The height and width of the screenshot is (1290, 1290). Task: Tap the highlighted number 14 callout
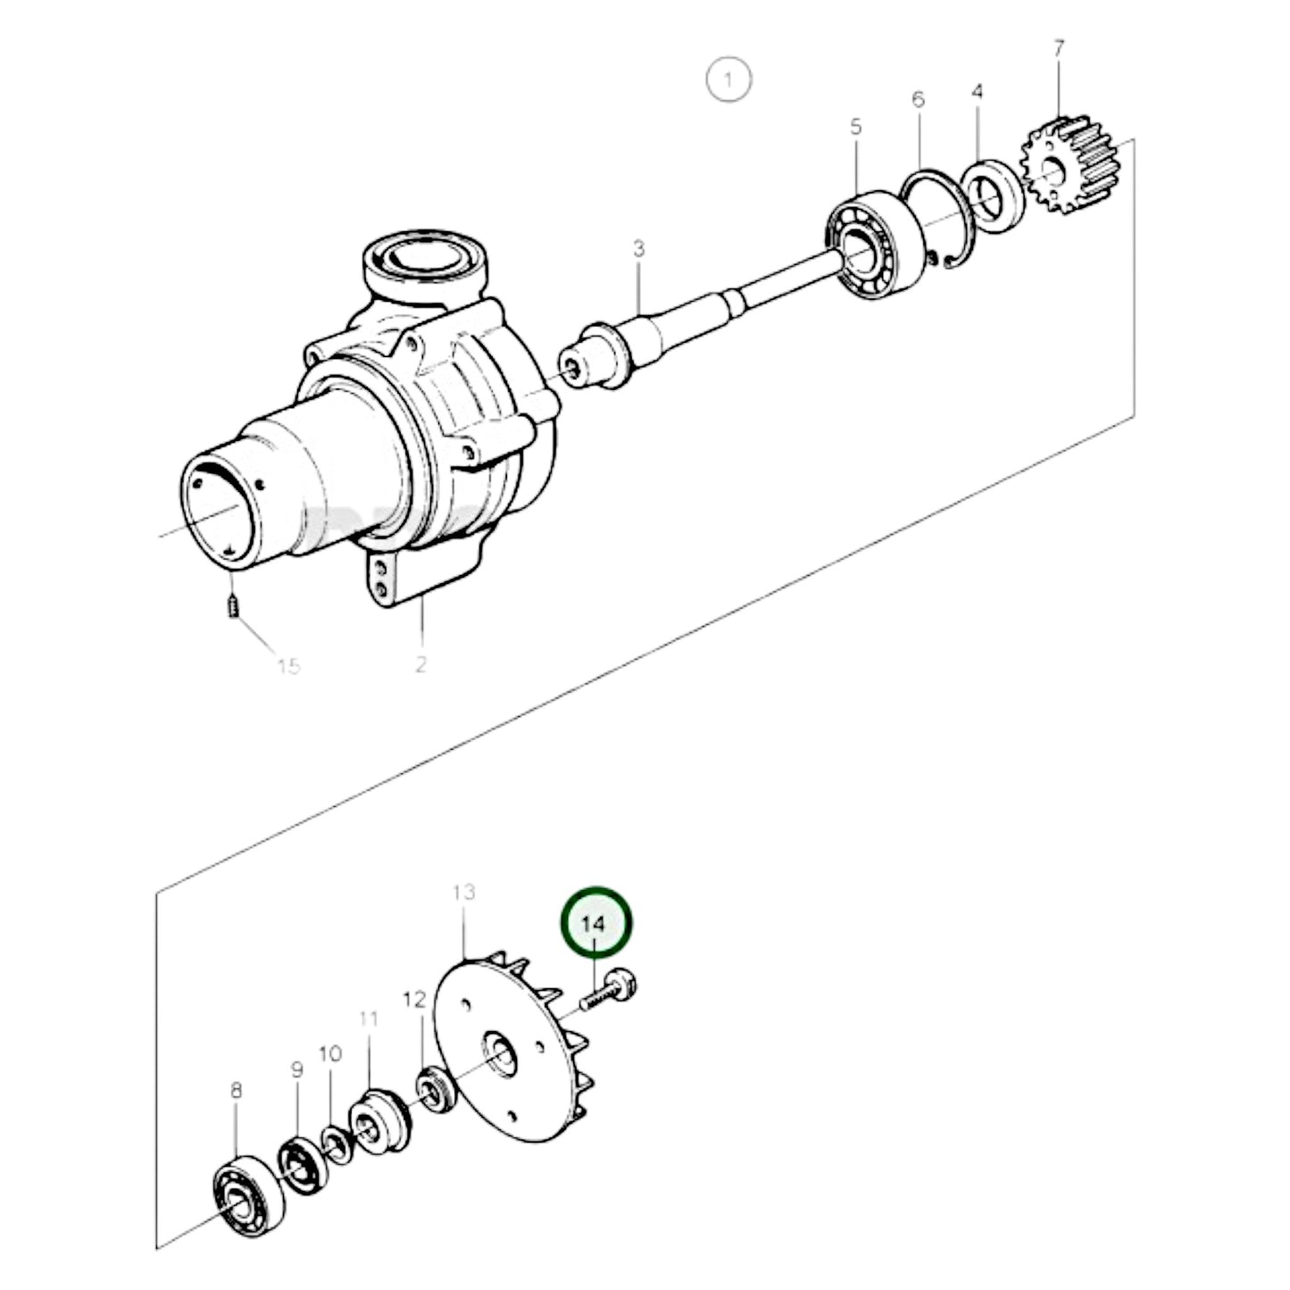(x=595, y=922)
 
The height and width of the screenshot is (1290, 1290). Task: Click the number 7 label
(x=1059, y=49)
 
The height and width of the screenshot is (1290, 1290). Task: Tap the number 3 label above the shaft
(x=639, y=249)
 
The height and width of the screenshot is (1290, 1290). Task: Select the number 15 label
(x=288, y=666)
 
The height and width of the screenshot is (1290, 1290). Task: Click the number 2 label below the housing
(x=420, y=664)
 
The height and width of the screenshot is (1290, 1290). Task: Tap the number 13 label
(x=463, y=893)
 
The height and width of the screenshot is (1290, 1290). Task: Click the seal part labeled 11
(x=378, y=1121)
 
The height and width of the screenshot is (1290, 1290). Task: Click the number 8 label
(x=236, y=1090)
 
